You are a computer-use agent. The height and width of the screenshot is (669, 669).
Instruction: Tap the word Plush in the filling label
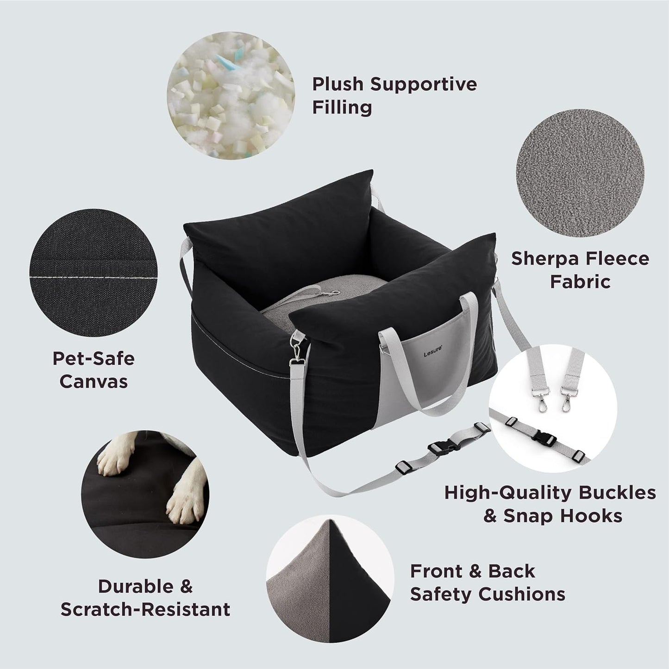(338, 85)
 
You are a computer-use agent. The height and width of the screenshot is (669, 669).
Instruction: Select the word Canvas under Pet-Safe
(94, 381)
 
